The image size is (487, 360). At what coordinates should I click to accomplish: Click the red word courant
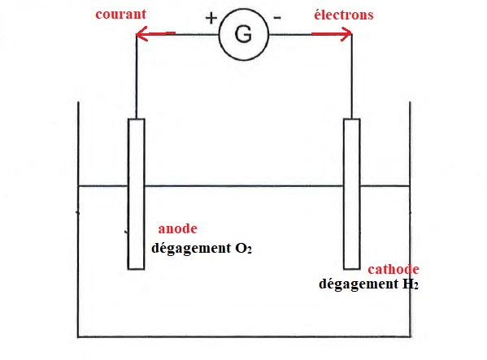[x=121, y=15]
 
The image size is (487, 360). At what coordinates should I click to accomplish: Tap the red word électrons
[x=344, y=15]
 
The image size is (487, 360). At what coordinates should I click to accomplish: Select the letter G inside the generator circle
[x=243, y=34]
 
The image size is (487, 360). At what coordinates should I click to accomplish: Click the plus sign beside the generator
[x=211, y=18]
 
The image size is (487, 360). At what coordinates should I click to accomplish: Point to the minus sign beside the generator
[x=277, y=18]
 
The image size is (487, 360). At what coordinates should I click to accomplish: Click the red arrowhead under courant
[x=141, y=34]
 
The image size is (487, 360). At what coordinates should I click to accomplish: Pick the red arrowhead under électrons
[x=346, y=34]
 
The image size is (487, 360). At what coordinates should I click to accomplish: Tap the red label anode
[x=178, y=228]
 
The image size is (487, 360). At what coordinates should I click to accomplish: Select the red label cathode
[x=394, y=269]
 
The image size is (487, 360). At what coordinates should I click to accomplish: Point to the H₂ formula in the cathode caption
[x=411, y=284]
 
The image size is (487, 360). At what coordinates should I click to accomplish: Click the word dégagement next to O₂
[x=191, y=249]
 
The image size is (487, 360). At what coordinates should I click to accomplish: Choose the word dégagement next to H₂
[x=359, y=284]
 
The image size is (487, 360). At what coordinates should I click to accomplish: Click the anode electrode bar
[x=136, y=194]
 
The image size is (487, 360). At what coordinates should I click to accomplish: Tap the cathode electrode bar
[x=352, y=194]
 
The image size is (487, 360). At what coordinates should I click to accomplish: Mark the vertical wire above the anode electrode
[x=136, y=76]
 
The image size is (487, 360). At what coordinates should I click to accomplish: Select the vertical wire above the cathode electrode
[x=352, y=76]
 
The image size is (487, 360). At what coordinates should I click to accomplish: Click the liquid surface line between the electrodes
[x=244, y=186]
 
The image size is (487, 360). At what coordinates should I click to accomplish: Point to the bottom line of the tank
[x=244, y=336]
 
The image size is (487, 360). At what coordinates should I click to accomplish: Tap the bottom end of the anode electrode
[x=136, y=269]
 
